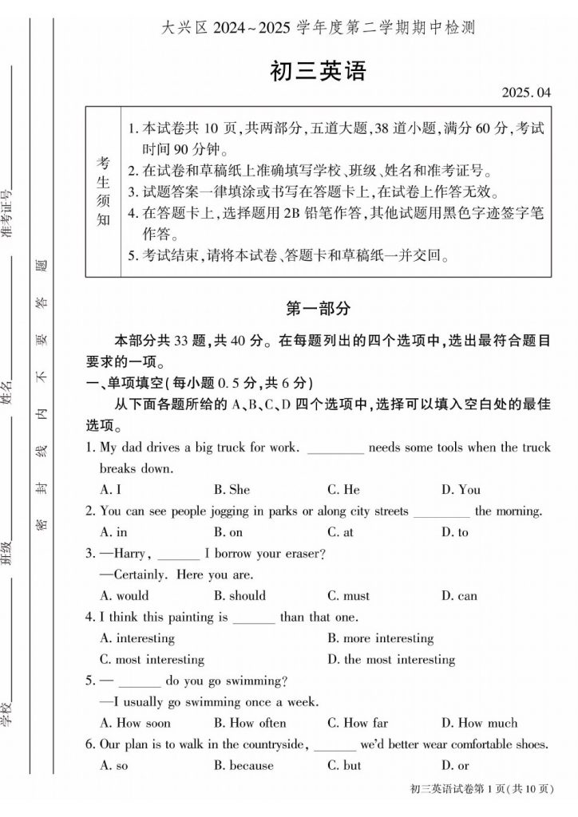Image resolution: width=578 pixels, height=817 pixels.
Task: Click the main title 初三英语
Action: coord(317,71)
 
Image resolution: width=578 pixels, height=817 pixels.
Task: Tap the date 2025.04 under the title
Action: coord(526,93)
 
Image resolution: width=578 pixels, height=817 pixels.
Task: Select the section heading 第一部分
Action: coord(318,308)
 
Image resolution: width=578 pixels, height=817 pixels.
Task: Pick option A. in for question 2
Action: coord(113,531)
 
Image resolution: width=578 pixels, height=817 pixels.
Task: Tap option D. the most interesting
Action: coord(391,659)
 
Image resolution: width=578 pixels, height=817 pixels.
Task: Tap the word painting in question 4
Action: coord(192,617)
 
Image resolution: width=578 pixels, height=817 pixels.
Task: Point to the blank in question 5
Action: coord(140,681)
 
